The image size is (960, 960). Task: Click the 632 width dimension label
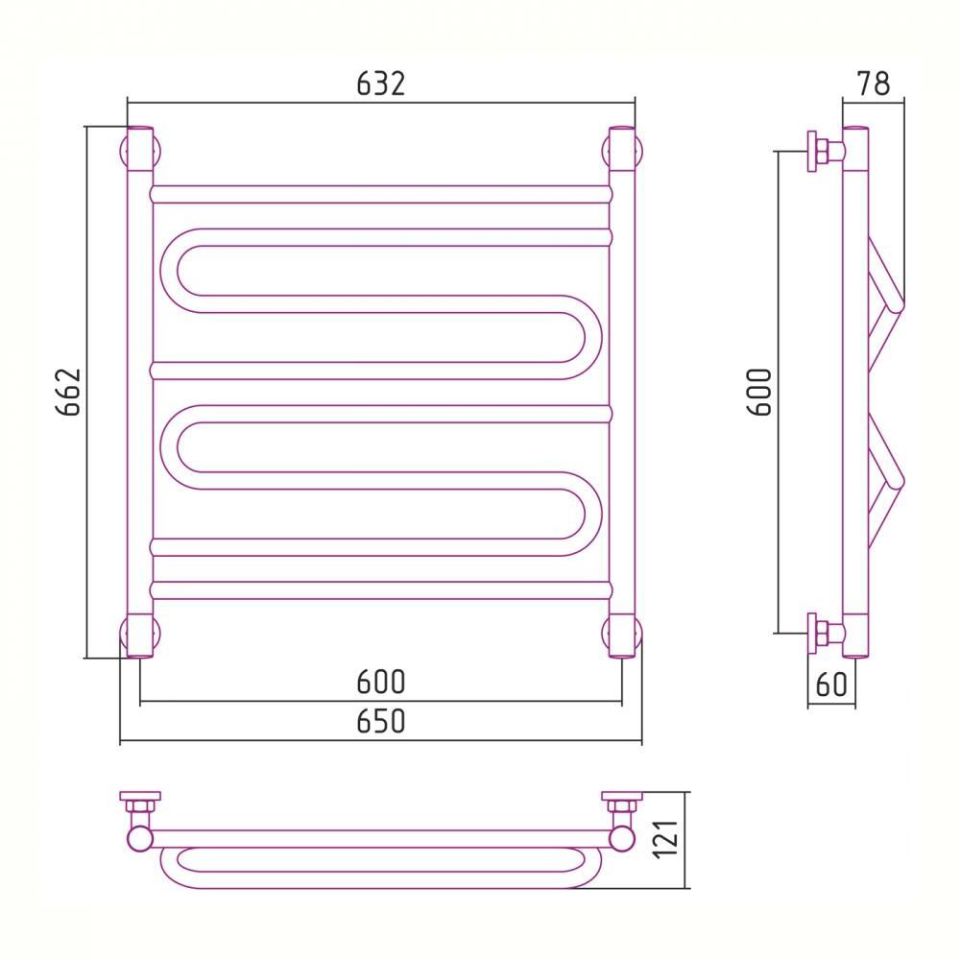pyautogui.click(x=381, y=84)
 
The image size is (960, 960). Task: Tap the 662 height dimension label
pyautogui.click(x=68, y=392)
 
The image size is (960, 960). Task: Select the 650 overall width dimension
pyautogui.click(x=381, y=721)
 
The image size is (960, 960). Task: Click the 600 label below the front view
pyautogui.click(x=381, y=682)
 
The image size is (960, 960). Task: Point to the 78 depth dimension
pyautogui.click(x=874, y=84)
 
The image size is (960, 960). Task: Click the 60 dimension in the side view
pyautogui.click(x=831, y=684)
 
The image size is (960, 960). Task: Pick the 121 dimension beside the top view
pyautogui.click(x=667, y=839)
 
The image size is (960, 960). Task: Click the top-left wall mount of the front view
pyautogui.click(x=140, y=151)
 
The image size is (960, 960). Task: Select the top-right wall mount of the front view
pyautogui.click(x=622, y=151)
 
